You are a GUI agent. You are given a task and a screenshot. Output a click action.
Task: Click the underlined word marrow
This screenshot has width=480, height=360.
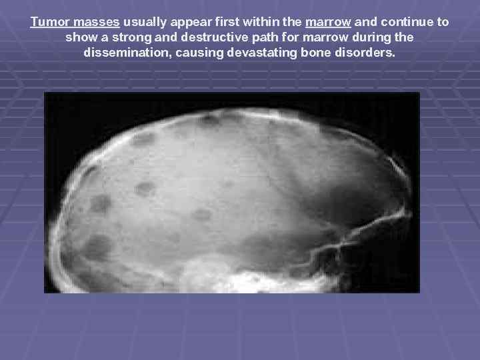pos(328,22)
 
